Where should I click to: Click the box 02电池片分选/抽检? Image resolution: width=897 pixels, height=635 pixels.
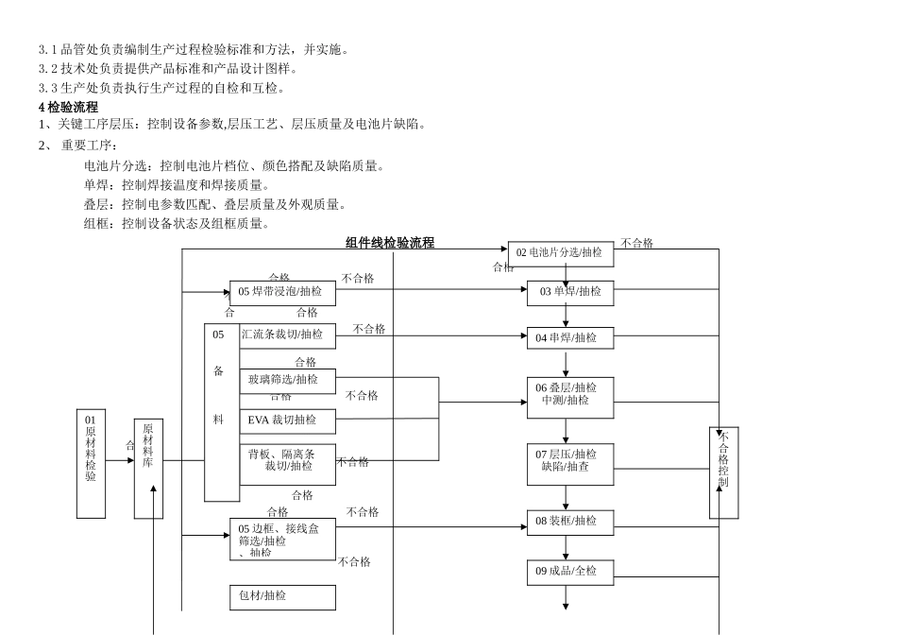pyautogui.click(x=561, y=253)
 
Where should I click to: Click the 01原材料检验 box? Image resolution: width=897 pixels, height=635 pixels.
pyautogui.click(x=91, y=464)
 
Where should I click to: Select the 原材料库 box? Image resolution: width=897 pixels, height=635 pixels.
pyautogui.click(x=148, y=469)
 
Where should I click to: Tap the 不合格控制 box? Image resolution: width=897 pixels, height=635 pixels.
pyautogui.click(x=723, y=472)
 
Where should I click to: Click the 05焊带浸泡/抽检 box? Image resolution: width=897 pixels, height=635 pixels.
pyautogui.click(x=282, y=293)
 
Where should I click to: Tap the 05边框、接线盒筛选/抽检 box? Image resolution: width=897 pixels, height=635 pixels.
pyautogui.click(x=282, y=539)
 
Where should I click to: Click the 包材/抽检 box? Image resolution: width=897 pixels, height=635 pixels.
pyautogui.click(x=282, y=597)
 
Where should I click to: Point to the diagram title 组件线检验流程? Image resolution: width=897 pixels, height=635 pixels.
pyautogui.click(x=390, y=243)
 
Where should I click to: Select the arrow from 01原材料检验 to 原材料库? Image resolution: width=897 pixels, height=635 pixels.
pyautogui.click(x=120, y=461)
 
